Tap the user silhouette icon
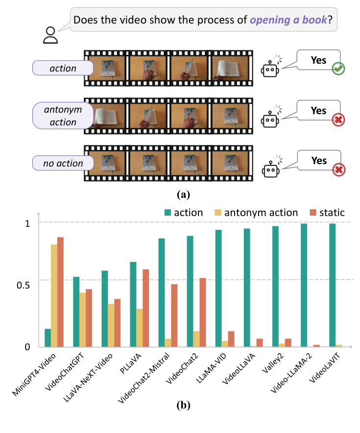click(49, 35)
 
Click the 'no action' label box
click(63, 163)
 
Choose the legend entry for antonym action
click(257, 213)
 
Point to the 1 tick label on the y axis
click(27, 223)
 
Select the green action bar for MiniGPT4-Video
click(48, 337)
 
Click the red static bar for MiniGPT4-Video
click(61, 292)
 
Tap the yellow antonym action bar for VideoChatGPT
click(83, 319)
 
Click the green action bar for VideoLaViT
click(333, 285)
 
